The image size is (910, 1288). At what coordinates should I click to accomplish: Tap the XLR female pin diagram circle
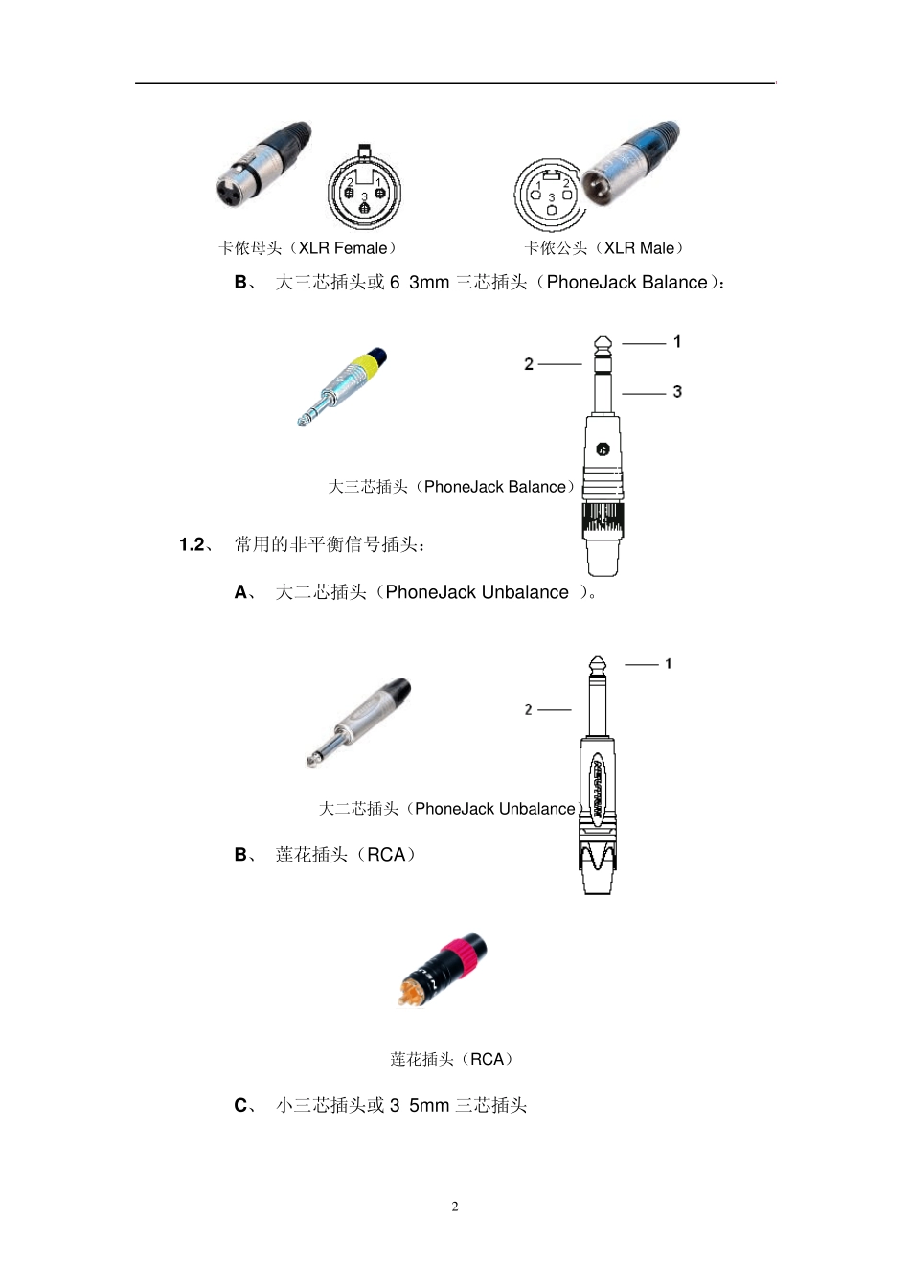[x=363, y=193]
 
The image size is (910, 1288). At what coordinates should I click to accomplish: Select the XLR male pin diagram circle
[x=550, y=194]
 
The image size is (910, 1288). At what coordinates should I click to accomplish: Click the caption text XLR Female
[x=343, y=248]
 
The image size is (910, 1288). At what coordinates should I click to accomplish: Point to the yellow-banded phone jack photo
[x=342, y=386]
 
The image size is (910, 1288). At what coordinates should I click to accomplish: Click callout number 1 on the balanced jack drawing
[x=677, y=342]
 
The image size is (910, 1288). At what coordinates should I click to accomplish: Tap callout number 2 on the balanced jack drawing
[x=529, y=364]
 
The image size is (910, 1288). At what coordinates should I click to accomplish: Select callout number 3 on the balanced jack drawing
[x=677, y=392]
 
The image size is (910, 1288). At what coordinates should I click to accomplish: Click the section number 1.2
[x=193, y=545]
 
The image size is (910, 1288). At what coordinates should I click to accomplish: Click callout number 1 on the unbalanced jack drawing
[x=668, y=663]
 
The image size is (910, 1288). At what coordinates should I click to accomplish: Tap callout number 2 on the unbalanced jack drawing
[x=528, y=710]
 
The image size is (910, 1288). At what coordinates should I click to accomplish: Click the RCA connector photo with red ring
[x=443, y=970]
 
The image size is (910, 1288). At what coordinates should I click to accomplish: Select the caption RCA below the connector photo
[x=487, y=1059]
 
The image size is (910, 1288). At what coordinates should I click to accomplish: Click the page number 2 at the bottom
[x=455, y=1207]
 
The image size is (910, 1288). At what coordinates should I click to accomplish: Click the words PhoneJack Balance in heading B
[x=626, y=283]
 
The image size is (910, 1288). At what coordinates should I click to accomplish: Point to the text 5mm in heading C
[x=429, y=1106]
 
